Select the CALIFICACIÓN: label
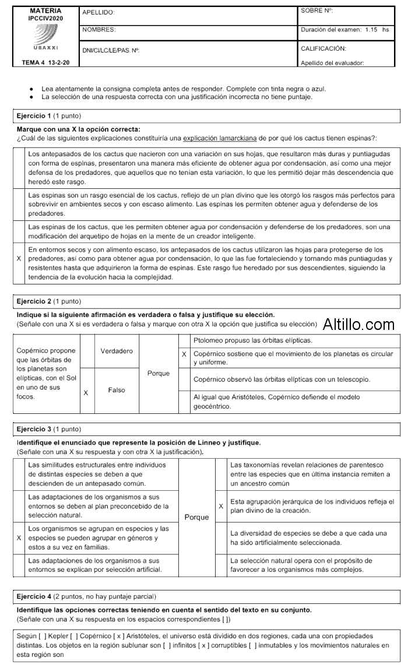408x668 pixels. click(323, 48)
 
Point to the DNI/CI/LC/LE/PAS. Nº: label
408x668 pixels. click(111, 50)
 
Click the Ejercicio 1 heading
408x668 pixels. click(34, 116)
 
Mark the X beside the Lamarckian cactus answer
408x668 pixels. click(20, 257)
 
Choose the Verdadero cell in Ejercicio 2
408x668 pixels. click(117, 351)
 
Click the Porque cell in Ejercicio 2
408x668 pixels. click(159, 373)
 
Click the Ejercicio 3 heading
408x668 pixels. click(34, 430)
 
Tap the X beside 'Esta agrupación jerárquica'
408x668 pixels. click(221, 506)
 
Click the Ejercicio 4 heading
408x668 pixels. click(34, 597)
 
